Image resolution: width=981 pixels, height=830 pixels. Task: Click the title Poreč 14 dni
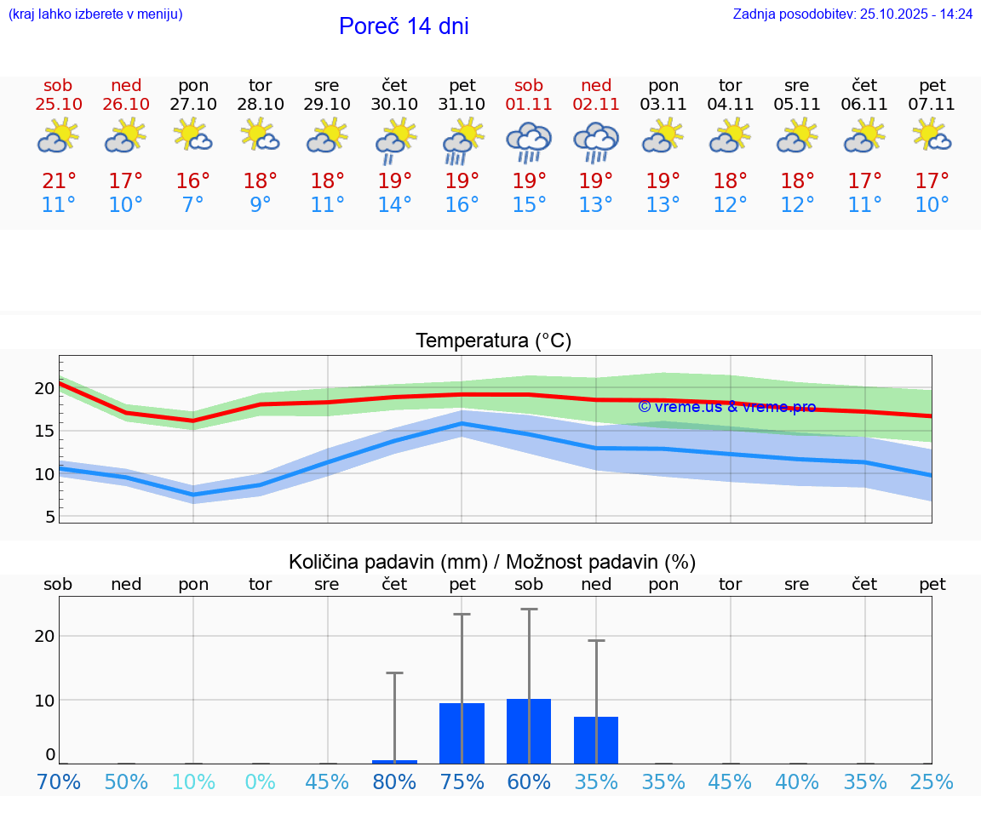point(404,26)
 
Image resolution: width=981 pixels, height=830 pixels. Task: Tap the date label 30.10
point(394,105)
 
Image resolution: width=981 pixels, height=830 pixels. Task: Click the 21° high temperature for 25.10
point(59,181)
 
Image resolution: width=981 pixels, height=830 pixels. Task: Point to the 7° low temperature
point(193,205)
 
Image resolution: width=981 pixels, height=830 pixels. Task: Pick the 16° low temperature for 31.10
point(462,205)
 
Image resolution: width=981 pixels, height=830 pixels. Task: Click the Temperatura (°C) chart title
point(493,341)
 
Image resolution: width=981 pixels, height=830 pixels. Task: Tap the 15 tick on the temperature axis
point(44,431)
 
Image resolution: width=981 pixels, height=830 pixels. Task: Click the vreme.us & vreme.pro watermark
point(726,407)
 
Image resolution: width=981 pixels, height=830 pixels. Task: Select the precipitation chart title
point(492,562)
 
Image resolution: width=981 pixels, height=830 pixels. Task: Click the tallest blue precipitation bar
point(529,731)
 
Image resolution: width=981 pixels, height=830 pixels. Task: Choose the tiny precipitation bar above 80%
point(394,761)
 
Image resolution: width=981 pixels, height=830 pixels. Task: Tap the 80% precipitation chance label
point(394,782)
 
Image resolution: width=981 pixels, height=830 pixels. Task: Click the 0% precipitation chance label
point(261,782)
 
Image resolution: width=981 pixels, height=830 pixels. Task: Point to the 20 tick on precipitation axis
point(44,636)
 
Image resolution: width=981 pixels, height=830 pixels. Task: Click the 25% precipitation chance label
point(932,782)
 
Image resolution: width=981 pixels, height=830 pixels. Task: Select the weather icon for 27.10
point(193,135)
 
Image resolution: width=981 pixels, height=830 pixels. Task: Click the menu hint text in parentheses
point(95,14)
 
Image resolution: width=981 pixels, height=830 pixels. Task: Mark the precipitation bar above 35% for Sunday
point(596,740)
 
